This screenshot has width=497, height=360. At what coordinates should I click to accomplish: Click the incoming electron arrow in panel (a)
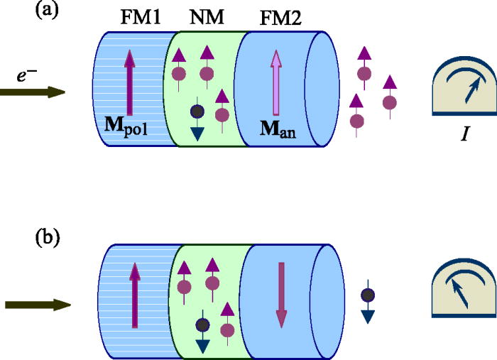click(33, 92)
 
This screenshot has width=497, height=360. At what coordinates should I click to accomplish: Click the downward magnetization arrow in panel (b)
click(281, 295)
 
